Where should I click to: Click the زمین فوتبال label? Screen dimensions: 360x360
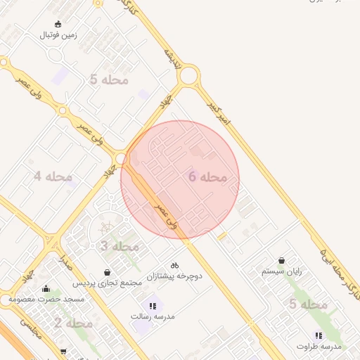click(58, 34)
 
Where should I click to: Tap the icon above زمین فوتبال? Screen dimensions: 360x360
click(58, 24)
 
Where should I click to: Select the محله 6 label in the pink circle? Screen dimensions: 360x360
click(208, 177)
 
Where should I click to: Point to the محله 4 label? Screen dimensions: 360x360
click(53, 176)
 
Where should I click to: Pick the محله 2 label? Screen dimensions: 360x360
click(74, 323)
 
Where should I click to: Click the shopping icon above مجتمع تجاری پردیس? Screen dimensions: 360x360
click(107, 272)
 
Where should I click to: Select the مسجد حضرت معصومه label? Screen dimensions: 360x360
click(46, 299)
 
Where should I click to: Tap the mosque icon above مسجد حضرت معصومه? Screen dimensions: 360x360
click(46, 288)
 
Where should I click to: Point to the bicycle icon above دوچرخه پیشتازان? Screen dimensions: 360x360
click(174, 266)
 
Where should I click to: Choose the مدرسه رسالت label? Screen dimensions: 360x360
click(153, 316)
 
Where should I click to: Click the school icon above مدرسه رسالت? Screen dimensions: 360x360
click(153, 306)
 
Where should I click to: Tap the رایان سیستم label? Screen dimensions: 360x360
click(281, 271)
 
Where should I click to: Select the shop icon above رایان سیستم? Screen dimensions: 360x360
click(282, 260)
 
